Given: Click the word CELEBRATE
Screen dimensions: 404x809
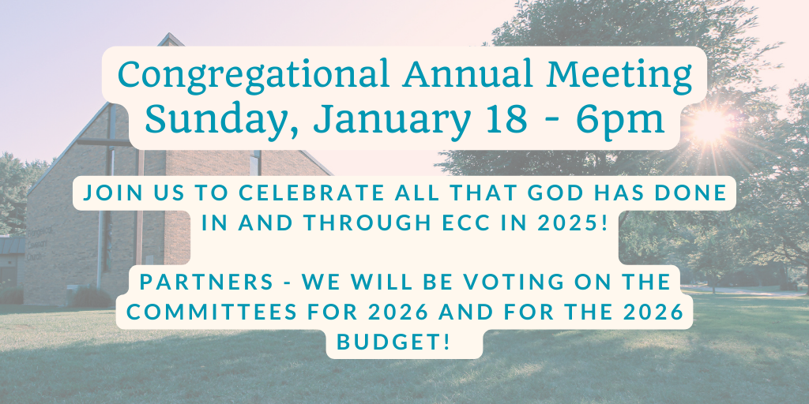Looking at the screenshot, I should tap(310, 193).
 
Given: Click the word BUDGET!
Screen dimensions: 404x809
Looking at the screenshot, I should tap(404, 342).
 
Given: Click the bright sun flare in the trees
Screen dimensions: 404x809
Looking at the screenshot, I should tap(709, 125).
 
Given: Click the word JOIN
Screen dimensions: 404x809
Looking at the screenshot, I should tap(109, 193).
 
